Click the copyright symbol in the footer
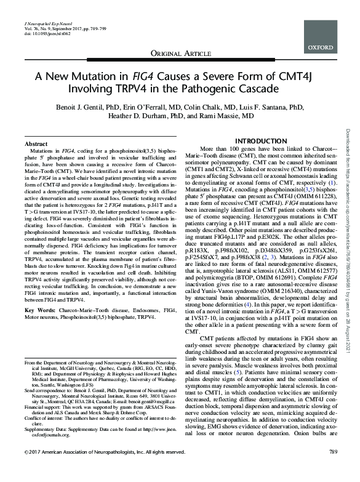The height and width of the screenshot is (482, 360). pos(25,470)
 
